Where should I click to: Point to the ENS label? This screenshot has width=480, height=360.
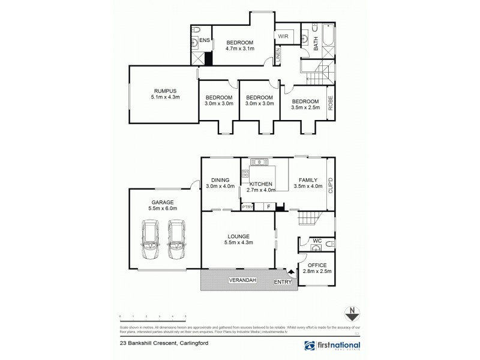[204, 40]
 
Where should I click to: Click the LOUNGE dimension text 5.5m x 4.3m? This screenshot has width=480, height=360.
[239, 242]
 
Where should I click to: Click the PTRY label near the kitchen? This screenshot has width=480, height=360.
[247, 207]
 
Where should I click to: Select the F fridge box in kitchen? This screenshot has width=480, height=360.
[268, 207]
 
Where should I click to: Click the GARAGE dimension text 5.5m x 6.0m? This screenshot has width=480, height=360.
[158, 209]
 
